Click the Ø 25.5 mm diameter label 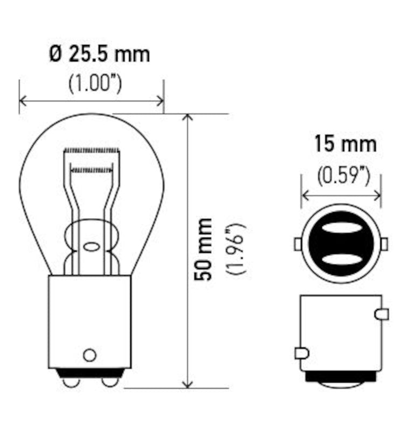pos(100,54)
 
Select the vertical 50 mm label pos(204,249)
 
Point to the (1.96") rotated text pos(236,249)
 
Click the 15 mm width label pos(345,144)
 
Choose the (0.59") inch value pos(343,176)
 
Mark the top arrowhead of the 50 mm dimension pos(188,117)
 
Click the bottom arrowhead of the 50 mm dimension pos(188,384)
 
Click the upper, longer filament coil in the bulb pos(91,149)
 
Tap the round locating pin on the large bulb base pos(89,355)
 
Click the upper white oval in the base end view pos(341,228)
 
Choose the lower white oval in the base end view pos(341,260)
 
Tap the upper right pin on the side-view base pos(382,314)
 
